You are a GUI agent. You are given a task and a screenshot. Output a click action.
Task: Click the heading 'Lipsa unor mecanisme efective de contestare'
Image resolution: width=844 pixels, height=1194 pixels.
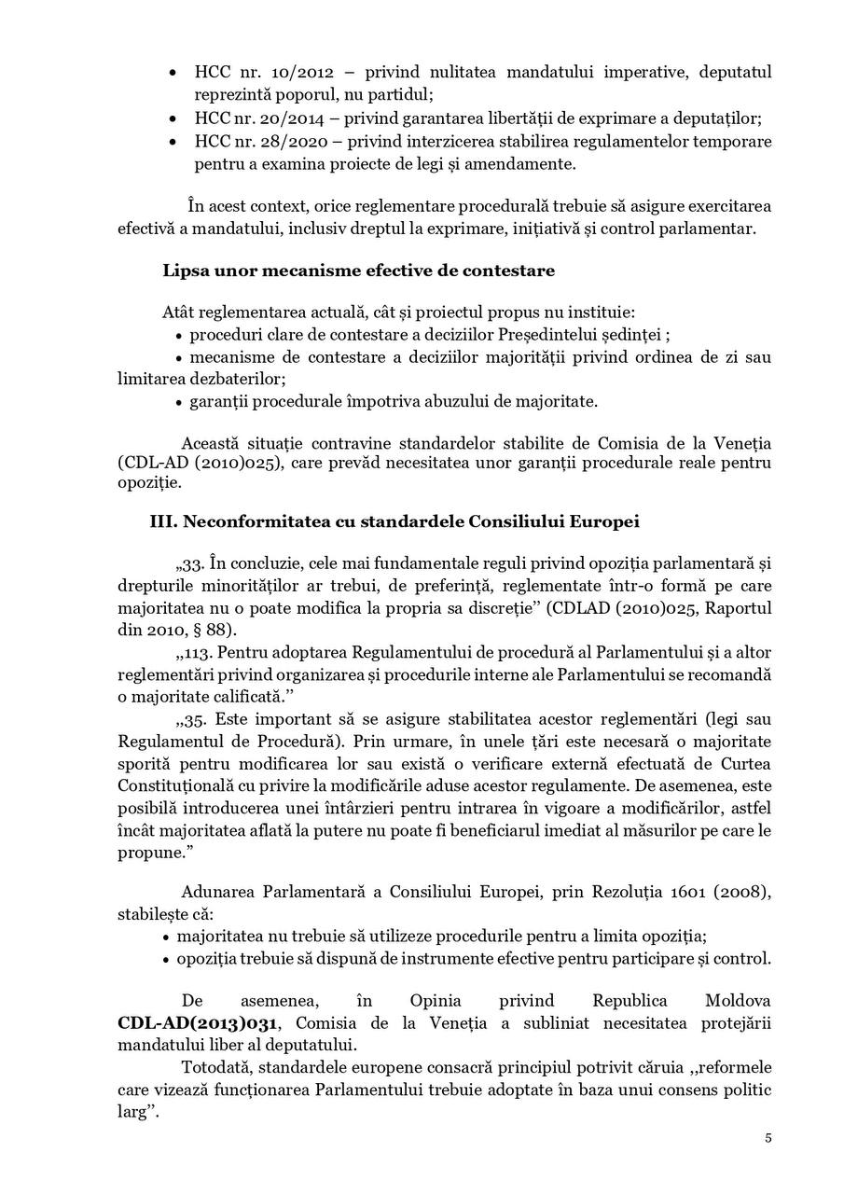click(358, 271)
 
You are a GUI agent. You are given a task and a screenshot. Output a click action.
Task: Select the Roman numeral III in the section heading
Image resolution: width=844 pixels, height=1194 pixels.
click(162, 521)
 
